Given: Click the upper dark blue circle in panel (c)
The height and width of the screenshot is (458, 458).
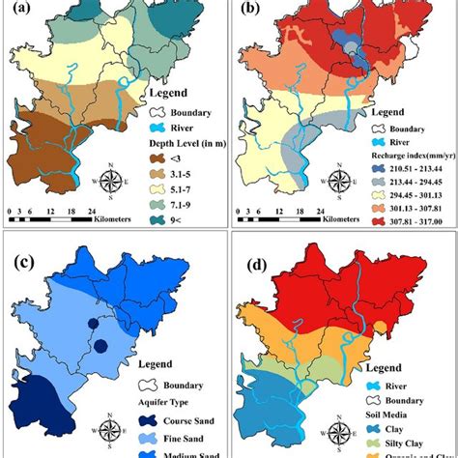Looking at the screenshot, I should coord(93,324).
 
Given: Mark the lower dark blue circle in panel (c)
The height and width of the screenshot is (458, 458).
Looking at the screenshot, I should coord(100,347).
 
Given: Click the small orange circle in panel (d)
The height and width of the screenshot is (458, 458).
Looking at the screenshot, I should coord(380,325).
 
